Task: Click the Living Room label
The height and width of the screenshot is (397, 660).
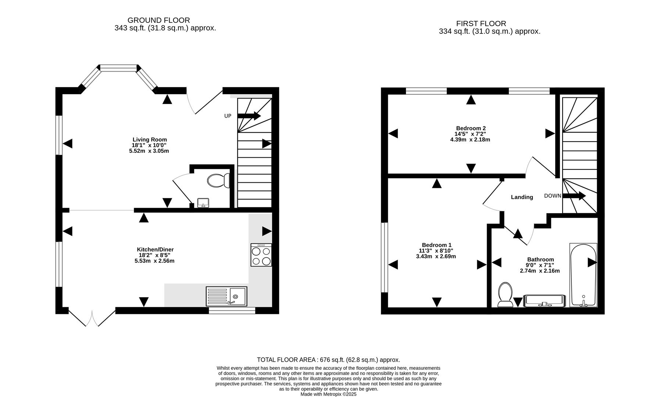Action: [150, 140]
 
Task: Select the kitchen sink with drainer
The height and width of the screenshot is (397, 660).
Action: [226, 296]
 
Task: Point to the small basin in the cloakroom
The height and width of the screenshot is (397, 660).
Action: [203, 203]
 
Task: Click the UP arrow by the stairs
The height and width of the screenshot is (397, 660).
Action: [249, 116]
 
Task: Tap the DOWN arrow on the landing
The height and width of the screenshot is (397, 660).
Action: [574, 196]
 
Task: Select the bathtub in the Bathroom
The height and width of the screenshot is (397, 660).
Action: [583, 275]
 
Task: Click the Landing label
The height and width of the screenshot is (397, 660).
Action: [522, 197]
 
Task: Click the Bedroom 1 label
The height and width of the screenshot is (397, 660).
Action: [436, 245]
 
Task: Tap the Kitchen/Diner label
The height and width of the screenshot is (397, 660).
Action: [155, 250]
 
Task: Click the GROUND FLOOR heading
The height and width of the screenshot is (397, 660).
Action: [158, 21]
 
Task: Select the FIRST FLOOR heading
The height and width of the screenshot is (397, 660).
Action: [481, 24]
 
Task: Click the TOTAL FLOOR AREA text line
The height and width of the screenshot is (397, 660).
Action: [328, 360]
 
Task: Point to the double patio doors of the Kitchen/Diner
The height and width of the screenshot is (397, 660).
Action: [92, 318]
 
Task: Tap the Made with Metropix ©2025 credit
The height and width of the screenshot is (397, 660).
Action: [328, 394]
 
